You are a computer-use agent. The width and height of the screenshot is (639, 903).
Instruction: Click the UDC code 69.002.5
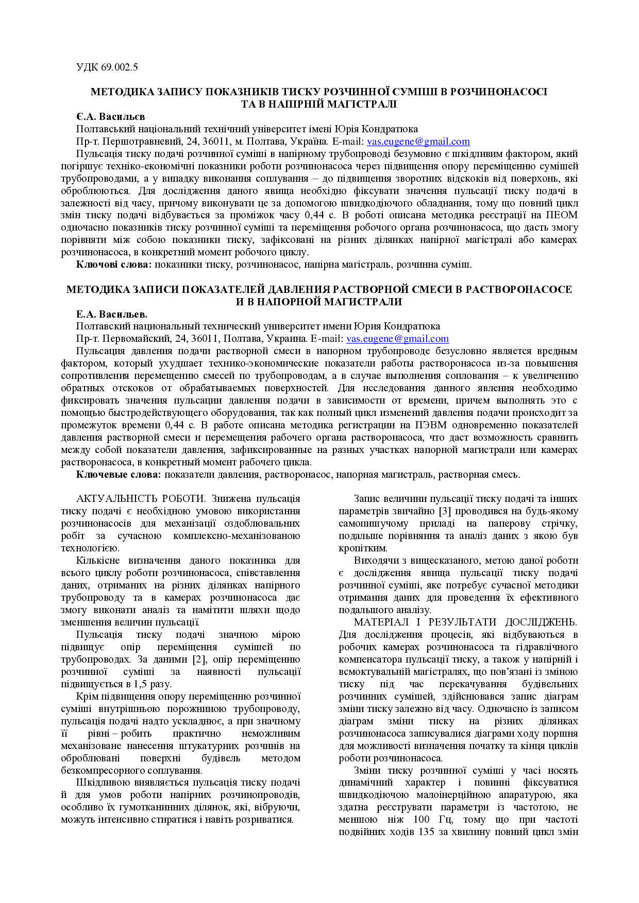click(119, 67)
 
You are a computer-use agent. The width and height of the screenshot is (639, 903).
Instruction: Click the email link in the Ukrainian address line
click(418, 142)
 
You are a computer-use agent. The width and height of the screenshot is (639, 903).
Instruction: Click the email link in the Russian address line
click(397, 339)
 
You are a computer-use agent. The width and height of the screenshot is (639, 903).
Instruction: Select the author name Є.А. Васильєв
click(110, 116)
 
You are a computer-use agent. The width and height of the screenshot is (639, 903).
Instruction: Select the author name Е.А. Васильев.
click(111, 314)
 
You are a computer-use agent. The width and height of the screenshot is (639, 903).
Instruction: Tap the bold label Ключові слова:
click(114, 265)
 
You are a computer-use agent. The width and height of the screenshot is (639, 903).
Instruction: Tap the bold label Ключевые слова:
click(119, 475)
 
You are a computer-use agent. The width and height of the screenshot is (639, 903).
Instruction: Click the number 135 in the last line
click(427, 832)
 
